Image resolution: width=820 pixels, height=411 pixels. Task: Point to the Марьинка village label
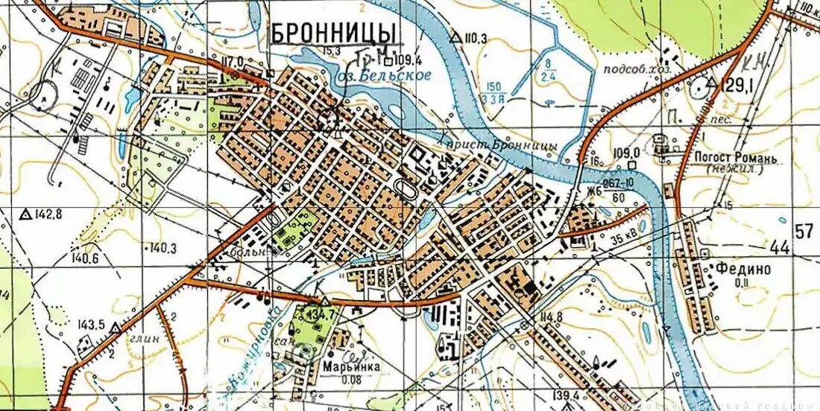352,367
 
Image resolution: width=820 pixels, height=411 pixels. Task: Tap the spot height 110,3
475,38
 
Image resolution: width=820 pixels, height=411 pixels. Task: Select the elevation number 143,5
91,325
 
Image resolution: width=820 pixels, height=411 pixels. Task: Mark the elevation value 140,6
86,259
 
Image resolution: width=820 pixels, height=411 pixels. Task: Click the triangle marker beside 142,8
25,215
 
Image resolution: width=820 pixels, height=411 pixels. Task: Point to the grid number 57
804,231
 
